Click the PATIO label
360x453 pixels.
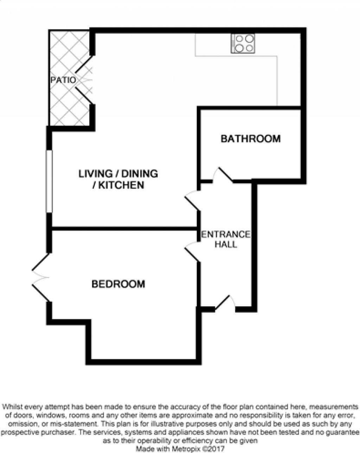(x=63, y=80)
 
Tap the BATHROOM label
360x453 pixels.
(x=251, y=139)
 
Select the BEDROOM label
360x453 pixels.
(x=118, y=284)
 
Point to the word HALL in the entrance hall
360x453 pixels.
(x=226, y=244)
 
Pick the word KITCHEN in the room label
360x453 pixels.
(x=121, y=185)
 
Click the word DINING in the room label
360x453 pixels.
(x=140, y=174)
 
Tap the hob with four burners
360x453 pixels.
(x=243, y=44)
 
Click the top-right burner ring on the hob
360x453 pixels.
(x=250, y=38)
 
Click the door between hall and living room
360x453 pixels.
(x=192, y=200)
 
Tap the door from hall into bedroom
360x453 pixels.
(x=192, y=252)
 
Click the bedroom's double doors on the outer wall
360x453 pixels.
(x=41, y=277)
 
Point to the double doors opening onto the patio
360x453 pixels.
(x=84, y=80)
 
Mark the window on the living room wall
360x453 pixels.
(x=49, y=181)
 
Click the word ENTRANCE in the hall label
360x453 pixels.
(x=226, y=234)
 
